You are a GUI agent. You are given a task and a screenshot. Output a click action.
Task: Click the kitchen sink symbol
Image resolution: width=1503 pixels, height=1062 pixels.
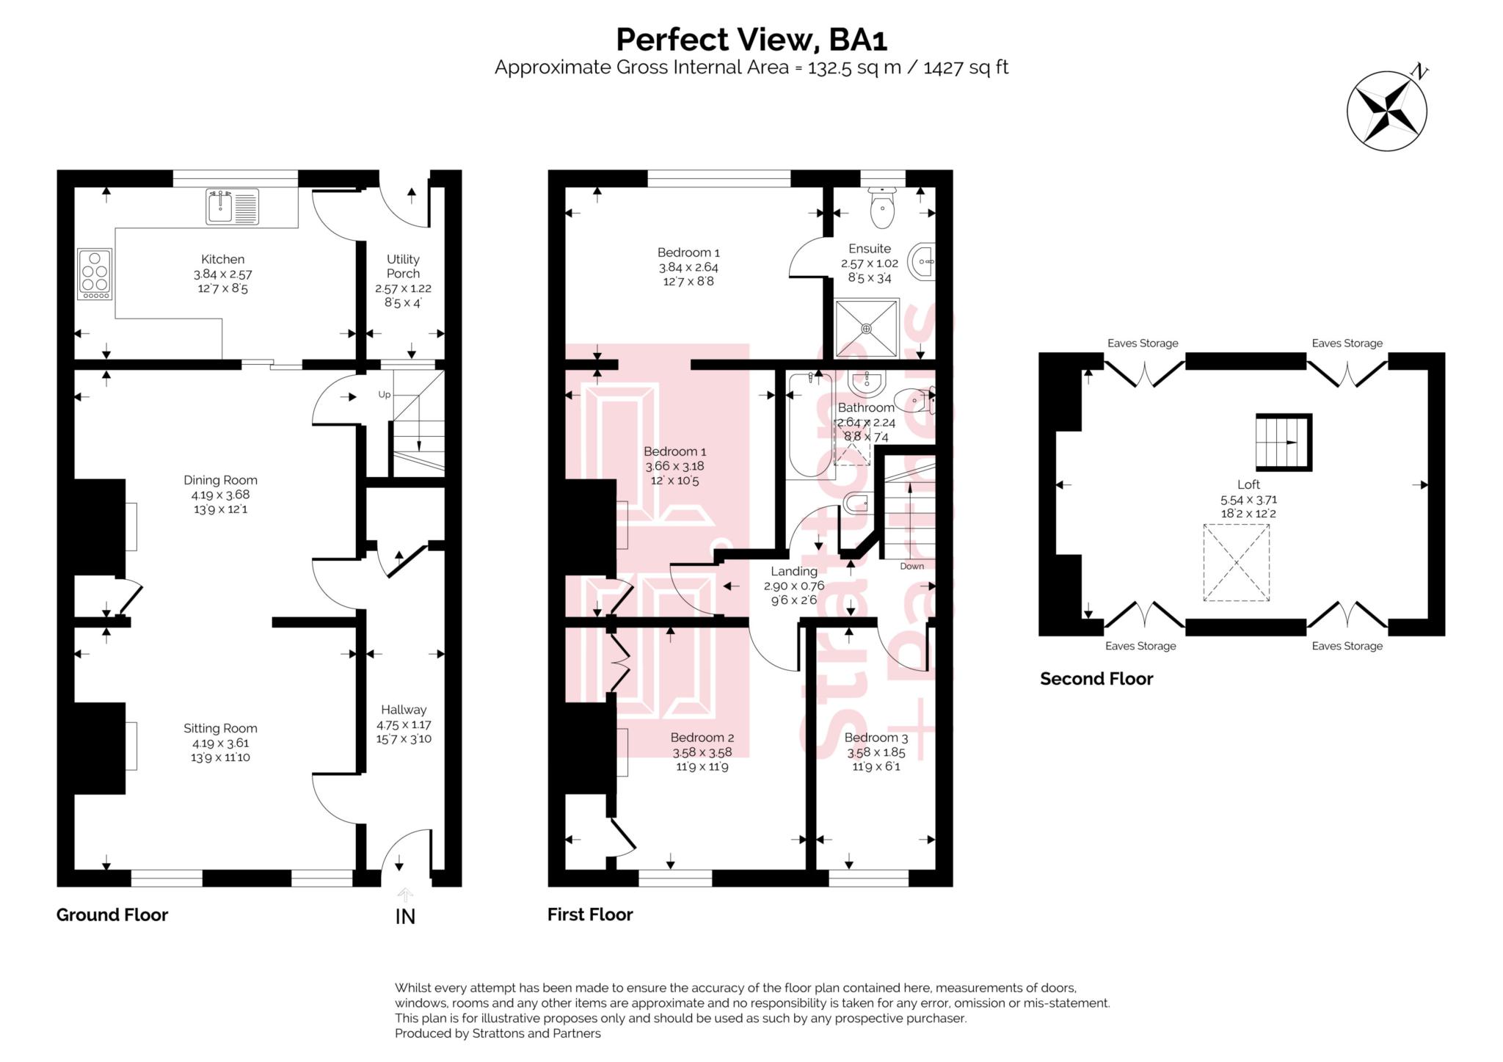(231, 207)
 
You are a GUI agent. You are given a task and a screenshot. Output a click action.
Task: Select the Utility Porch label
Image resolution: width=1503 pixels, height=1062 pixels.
(403, 266)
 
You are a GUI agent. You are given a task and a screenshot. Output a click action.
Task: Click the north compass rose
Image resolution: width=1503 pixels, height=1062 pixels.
(1386, 112)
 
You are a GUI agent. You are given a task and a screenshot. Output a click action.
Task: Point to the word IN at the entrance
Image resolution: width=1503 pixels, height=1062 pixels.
(405, 917)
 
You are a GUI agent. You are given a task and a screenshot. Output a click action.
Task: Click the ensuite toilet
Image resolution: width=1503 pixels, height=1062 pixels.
(881, 208)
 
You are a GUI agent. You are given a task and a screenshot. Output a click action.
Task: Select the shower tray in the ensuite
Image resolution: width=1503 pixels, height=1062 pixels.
(867, 328)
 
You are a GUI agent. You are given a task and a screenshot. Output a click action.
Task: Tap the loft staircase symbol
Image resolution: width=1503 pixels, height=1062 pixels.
(1283, 443)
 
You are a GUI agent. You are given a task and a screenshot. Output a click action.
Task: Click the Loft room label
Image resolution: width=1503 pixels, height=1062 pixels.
(1248, 484)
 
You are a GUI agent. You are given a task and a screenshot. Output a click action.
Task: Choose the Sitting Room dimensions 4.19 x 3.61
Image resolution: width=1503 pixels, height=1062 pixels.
(220, 743)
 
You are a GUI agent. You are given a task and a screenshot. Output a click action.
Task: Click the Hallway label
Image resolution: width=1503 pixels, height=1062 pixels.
(403, 710)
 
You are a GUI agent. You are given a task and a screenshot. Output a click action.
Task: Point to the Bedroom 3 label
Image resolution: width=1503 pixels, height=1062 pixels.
(876, 738)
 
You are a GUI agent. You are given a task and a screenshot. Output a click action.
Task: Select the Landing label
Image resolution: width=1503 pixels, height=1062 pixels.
(793, 571)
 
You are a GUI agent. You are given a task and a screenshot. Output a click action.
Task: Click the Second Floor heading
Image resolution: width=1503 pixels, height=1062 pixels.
(1096, 679)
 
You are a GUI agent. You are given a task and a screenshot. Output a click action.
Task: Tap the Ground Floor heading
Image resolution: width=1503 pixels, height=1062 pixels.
(112, 914)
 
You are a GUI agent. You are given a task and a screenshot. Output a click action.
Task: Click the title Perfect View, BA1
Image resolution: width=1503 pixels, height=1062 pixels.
(751, 40)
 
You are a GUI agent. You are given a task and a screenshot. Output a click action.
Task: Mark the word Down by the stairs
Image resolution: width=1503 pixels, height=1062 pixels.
(911, 566)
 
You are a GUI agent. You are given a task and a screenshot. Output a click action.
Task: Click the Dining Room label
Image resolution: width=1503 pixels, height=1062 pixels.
(220, 480)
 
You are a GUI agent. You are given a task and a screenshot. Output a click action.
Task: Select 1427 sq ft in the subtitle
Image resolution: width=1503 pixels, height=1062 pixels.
(966, 68)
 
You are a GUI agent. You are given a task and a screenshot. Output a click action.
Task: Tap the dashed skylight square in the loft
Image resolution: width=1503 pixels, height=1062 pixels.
(1236, 563)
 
